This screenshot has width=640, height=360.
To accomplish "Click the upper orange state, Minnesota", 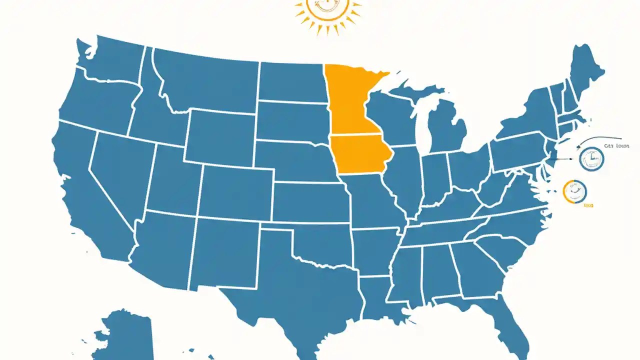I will [x=350, y=100].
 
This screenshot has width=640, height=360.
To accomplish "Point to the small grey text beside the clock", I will [x=612, y=146].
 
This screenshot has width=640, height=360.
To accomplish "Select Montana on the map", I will [x=205, y=80].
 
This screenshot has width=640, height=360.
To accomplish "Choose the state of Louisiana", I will [x=380, y=300].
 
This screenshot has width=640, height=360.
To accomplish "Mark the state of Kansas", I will [x=310, y=202].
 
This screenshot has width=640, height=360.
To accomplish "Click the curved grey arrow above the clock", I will [x=600, y=139].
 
